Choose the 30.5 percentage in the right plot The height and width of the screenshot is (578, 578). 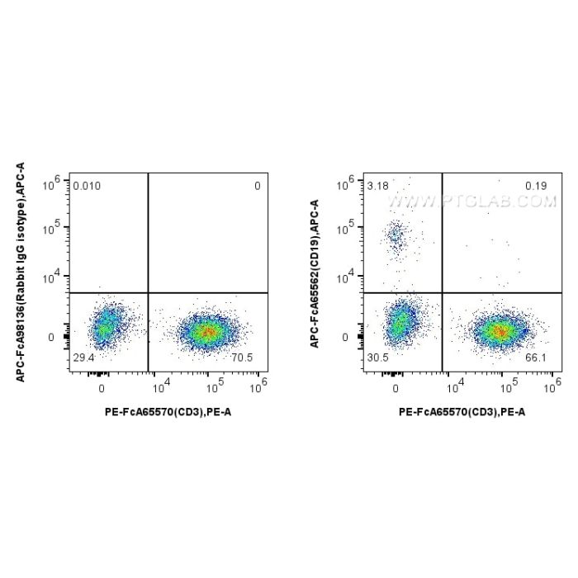[x=377, y=356]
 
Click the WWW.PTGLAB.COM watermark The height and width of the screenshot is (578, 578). [x=471, y=201]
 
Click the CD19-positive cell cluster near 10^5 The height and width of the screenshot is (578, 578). [x=396, y=238]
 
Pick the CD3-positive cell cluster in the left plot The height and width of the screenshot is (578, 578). [x=206, y=332]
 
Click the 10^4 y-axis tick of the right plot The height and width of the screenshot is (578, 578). [x=348, y=275]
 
